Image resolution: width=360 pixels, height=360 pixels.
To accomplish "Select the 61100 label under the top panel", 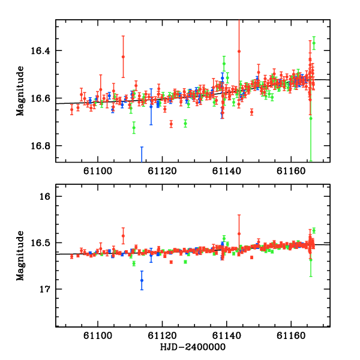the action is click(98, 171).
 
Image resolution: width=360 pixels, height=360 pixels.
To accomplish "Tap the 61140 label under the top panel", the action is click(227, 171).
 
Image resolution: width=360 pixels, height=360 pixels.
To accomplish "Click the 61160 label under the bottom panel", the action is click(291, 335).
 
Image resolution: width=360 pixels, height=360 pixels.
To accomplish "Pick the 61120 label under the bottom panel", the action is click(163, 335).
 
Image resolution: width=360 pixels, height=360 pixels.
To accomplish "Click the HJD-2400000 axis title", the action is click(193, 347).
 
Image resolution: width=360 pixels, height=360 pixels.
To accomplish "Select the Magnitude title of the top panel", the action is click(20, 91).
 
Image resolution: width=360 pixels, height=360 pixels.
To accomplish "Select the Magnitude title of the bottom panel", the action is click(20, 256).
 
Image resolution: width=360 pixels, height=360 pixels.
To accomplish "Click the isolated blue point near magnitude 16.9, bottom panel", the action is click(142, 280).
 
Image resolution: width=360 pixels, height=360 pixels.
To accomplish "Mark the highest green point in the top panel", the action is click(314, 43).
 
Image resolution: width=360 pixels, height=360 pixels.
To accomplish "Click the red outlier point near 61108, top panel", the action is click(123, 57).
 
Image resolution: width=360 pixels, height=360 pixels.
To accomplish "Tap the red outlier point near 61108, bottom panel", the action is click(123, 236).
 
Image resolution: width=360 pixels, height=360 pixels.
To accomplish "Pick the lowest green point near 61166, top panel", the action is click(311, 118).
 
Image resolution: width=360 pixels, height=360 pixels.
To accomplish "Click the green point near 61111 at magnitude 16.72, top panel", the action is click(134, 127).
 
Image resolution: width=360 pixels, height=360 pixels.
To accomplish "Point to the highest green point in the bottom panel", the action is click(314, 230).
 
